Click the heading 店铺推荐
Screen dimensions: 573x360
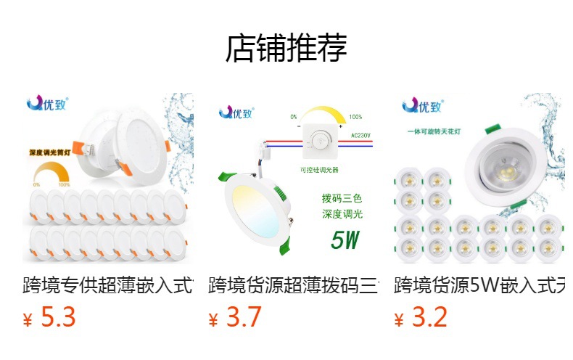[286, 49]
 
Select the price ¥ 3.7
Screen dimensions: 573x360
[235, 318]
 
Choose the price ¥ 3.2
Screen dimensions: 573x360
[421, 318]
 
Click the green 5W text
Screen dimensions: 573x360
[345, 240]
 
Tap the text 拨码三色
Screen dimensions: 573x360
[342, 198]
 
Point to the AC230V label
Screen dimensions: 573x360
[360, 135]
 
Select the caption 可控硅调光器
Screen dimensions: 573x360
[319, 170]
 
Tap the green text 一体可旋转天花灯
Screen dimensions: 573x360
[435, 131]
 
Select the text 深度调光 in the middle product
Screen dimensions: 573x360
[342, 214]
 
